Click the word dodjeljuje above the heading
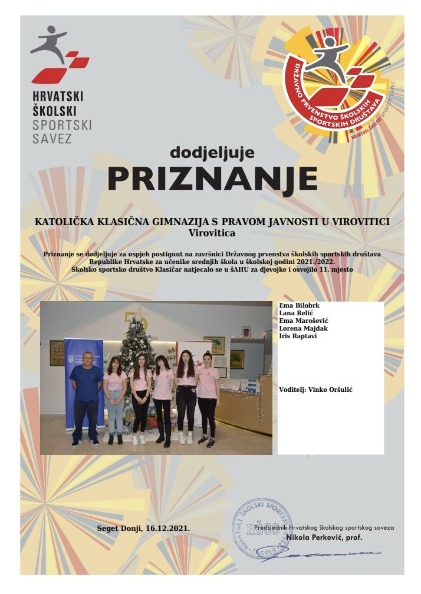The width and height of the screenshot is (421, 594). click(x=212, y=152)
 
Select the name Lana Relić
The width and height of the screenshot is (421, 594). click(x=294, y=313)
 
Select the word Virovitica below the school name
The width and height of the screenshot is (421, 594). click(x=211, y=233)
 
